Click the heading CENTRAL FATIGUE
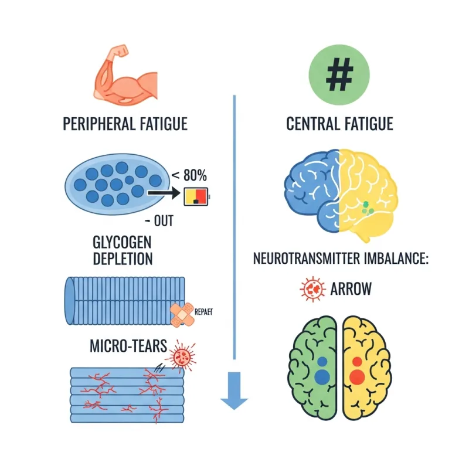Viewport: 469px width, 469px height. (x=339, y=124)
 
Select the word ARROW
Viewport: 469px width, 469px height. (x=352, y=289)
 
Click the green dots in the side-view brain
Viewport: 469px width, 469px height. (x=366, y=206)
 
